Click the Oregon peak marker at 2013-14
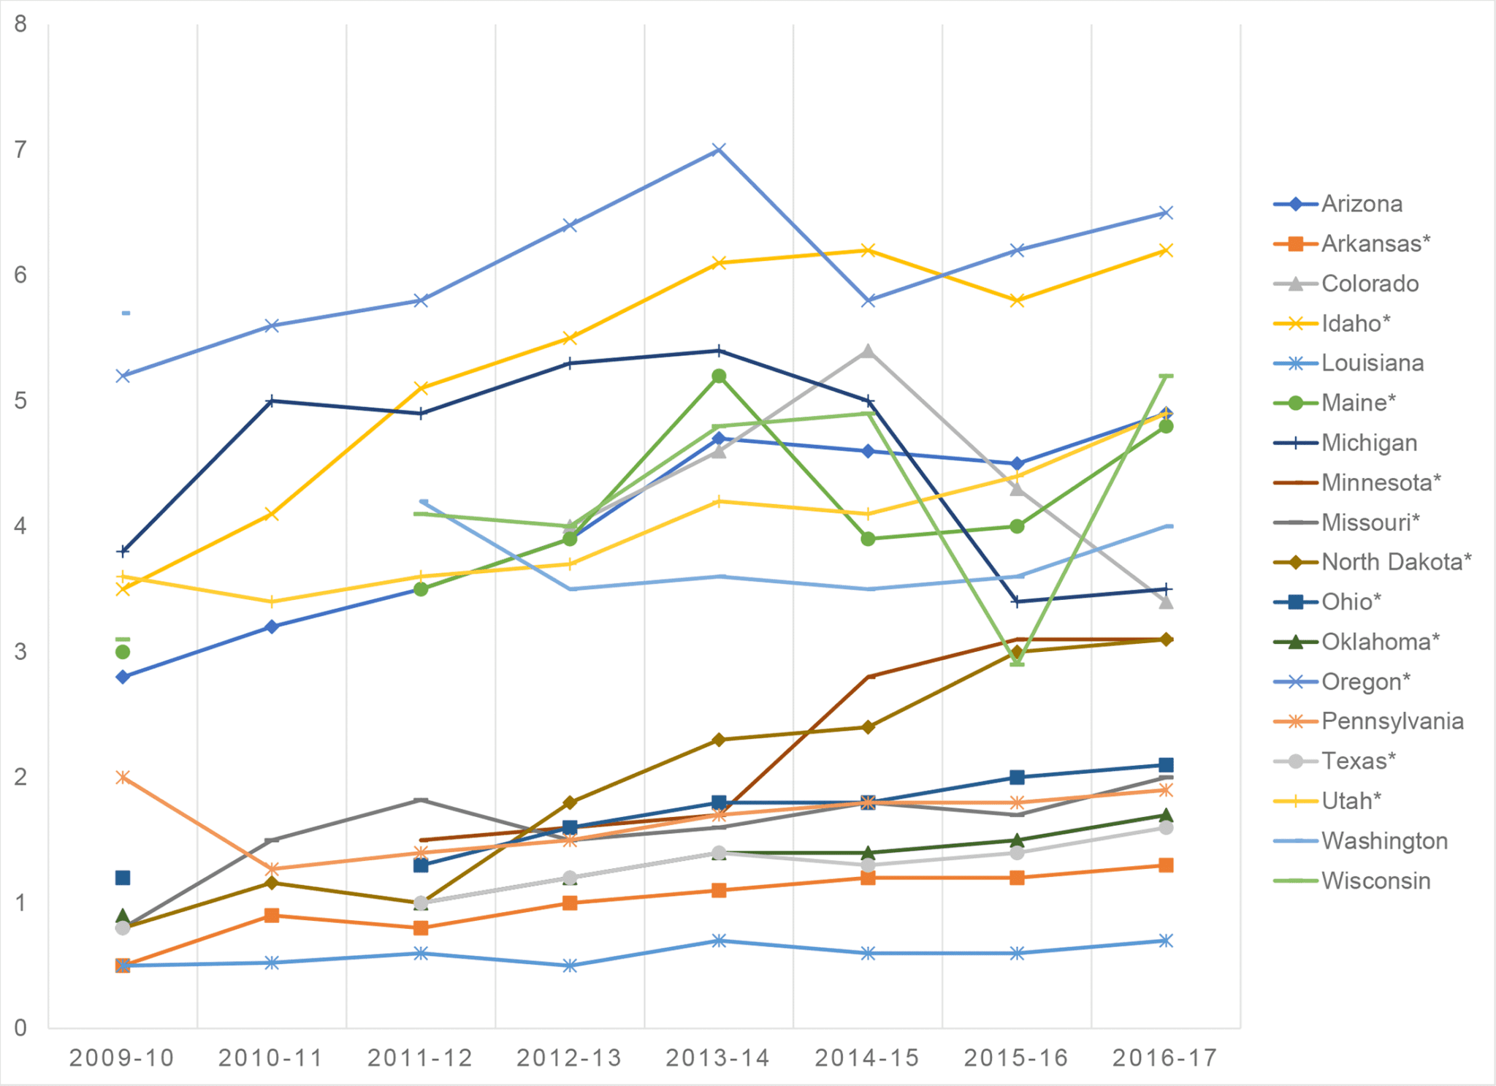click(x=719, y=150)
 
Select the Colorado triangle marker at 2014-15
click(x=868, y=352)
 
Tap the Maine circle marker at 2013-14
click(x=719, y=376)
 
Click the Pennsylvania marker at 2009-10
click(x=123, y=777)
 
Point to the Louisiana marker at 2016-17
click(x=1166, y=941)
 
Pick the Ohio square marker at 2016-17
click(x=1166, y=765)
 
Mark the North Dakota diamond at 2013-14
click(x=719, y=740)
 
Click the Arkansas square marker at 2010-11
click(x=272, y=916)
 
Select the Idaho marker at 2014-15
click(x=868, y=251)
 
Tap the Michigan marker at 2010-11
click(x=272, y=401)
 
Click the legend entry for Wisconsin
click(x=1375, y=881)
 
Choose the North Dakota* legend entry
click(x=1396, y=562)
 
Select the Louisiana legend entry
click(x=1372, y=363)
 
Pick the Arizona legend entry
click(x=1362, y=204)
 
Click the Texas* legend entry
click(x=1358, y=761)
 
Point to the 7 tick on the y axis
click(x=20, y=150)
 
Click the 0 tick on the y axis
click(x=20, y=1028)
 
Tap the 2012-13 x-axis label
click(x=569, y=1057)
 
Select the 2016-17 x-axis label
click(x=1165, y=1057)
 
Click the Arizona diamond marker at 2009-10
click(x=123, y=677)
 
